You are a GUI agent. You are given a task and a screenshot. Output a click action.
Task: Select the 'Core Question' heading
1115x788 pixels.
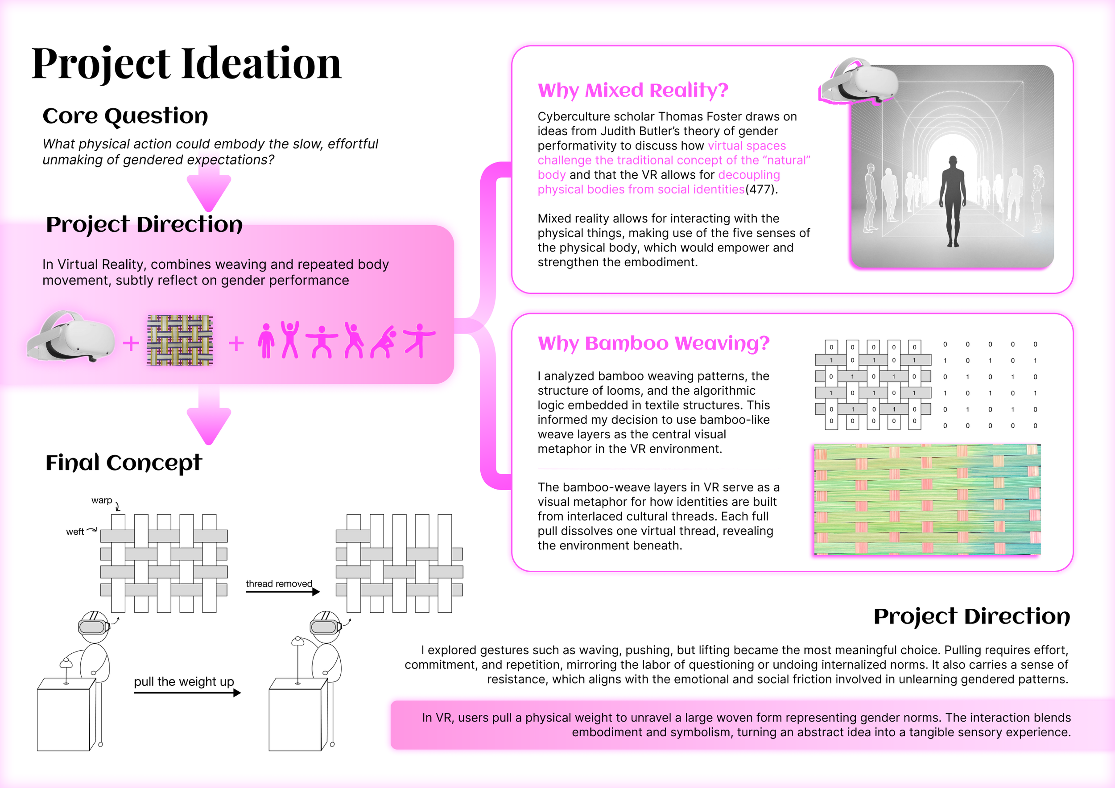[125, 116]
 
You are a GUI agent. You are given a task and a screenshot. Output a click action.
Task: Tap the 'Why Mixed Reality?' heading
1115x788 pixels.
[633, 91]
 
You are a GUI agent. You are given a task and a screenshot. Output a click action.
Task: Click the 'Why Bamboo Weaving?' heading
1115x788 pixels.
[653, 343]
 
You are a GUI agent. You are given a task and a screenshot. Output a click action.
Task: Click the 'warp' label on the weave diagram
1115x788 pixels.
[102, 500]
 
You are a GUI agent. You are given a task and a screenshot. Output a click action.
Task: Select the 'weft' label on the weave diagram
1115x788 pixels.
[75, 532]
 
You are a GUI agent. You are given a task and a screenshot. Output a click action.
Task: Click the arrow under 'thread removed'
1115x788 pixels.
[282, 592]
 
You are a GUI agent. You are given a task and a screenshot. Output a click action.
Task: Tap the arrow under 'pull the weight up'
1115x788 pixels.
[187, 693]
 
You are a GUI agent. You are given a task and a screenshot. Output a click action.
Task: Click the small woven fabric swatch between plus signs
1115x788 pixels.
[180, 340]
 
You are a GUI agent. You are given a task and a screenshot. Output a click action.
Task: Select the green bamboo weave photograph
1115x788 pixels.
[927, 499]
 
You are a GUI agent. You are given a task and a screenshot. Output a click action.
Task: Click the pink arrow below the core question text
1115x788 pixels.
[209, 190]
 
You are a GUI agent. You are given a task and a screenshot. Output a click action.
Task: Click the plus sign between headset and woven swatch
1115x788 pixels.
[131, 344]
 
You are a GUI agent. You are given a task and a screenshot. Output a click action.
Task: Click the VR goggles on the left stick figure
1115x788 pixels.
[93, 626]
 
